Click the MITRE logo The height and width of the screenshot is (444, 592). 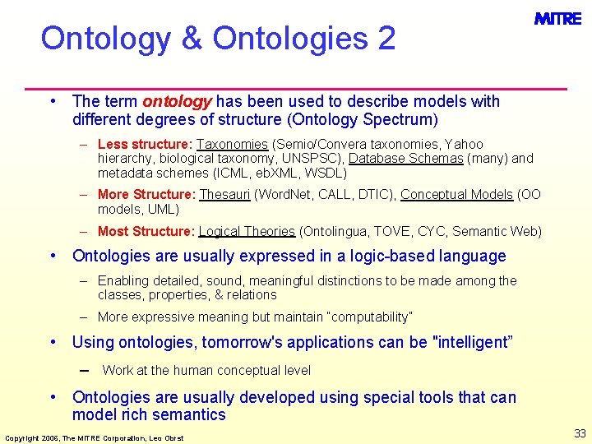[557, 19]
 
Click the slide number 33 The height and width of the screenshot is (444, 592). [580, 433]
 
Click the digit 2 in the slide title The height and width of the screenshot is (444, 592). [386, 38]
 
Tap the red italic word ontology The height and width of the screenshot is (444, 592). [177, 101]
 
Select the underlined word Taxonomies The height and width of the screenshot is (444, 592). [232, 144]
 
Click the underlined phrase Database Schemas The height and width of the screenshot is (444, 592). [405, 158]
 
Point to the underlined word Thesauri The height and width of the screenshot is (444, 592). [224, 195]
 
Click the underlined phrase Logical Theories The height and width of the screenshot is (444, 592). [247, 232]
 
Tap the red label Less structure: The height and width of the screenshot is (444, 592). [145, 144]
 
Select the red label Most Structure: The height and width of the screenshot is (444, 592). [146, 232]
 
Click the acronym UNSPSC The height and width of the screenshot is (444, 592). [316, 158]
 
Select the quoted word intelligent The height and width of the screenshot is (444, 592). [471, 342]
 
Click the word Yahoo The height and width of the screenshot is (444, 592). [464, 144]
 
